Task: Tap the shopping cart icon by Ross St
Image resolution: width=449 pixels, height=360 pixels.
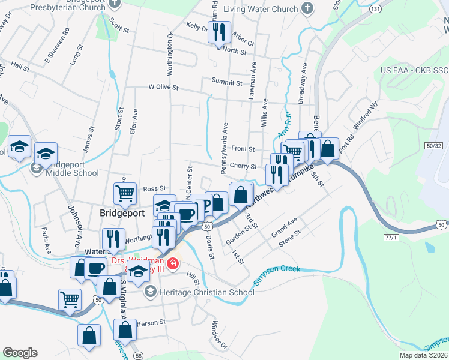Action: (x=125, y=193)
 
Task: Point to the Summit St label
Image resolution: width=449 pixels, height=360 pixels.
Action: (x=226, y=82)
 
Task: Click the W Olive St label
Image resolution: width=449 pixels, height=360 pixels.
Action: (x=163, y=87)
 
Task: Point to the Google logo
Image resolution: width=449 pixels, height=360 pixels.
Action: (x=20, y=353)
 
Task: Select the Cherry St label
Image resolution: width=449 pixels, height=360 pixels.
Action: (x=244, y=167)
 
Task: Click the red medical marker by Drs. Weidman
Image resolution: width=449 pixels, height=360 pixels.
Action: (x=173, y=263)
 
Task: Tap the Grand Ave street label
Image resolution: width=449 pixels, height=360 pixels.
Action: (x=285, y=229)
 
